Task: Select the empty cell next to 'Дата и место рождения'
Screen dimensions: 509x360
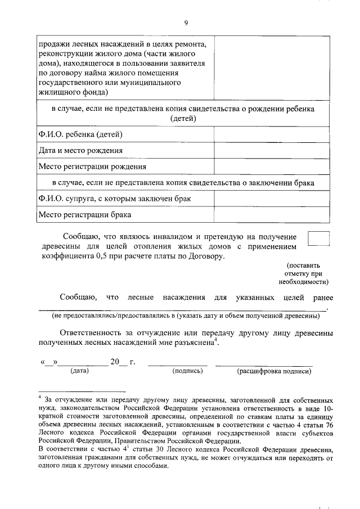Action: pyautogui.click(x=271, y=151)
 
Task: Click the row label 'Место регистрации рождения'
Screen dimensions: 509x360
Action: pyautogui.click(x=92, y=166)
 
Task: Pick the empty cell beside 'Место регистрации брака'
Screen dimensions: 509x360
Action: pyautogui.click(x=271, y=215)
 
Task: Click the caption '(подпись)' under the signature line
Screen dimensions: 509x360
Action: pyautogui.click(x=183, y=371)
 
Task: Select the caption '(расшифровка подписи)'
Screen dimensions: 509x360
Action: pyautogui.click(x=273, y=371)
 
